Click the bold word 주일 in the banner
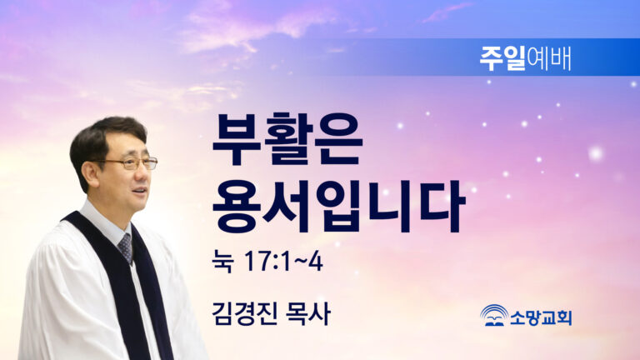click(x=502, y=58)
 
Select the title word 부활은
click(x=287, y=139)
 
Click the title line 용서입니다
click(x=339, y=205)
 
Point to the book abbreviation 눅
click(x=222, y=261)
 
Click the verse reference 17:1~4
click(x=283, y=261)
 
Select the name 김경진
click(x=244, y=314)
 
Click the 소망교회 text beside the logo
click(x=541, y=317)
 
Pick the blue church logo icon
click(x=494, y=315)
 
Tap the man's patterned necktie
click(x=126, y=247)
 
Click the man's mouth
click(x=140, y=191)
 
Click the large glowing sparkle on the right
click(x=596, y=154)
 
